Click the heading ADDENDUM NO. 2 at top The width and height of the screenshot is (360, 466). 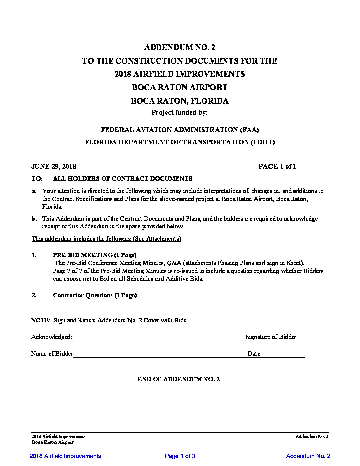tap(180, 48)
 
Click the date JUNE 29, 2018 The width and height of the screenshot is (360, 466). tap(54, 166)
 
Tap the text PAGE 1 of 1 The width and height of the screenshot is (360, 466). tap(277, 166)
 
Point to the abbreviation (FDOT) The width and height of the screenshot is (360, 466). tap(263, 142)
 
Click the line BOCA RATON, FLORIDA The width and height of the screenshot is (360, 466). tap(180, 101)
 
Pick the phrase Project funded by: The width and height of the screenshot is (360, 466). tap(180, 113)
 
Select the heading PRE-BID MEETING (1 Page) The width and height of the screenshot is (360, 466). tap(95, 255)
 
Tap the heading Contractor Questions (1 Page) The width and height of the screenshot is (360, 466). tap(95, 295)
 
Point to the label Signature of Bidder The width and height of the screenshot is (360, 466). tap(271, 337)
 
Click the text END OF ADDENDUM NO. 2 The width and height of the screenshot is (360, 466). tap(179, 379)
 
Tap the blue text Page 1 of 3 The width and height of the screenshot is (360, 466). tap(180, 456)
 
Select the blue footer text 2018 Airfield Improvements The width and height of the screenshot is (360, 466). tap(65, 456)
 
